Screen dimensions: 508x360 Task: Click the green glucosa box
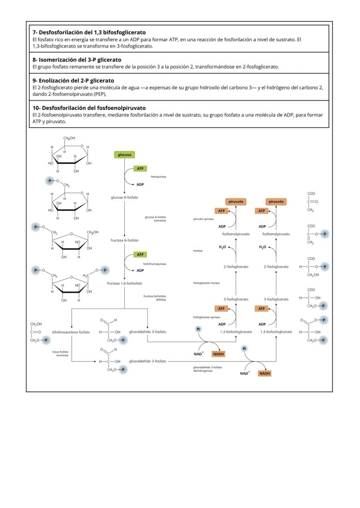125,155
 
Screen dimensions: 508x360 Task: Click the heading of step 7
89,32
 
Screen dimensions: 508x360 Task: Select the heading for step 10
89,108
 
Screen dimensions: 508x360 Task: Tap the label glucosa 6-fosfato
125,198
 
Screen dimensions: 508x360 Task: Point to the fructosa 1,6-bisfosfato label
124,283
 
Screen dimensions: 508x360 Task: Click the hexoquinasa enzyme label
159,177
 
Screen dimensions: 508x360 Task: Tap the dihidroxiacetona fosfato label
71,332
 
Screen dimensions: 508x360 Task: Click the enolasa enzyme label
198,251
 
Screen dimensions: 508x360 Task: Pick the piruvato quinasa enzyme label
203,219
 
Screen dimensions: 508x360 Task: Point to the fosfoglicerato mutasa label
207,283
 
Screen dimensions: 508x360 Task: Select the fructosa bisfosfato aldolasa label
155,298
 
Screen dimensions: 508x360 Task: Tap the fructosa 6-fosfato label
125,240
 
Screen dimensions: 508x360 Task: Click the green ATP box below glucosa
140,168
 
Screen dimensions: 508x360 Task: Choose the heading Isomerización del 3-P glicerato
77,60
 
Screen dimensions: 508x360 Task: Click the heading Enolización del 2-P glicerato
73,80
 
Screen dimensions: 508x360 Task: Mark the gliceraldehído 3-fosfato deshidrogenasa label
208,369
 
